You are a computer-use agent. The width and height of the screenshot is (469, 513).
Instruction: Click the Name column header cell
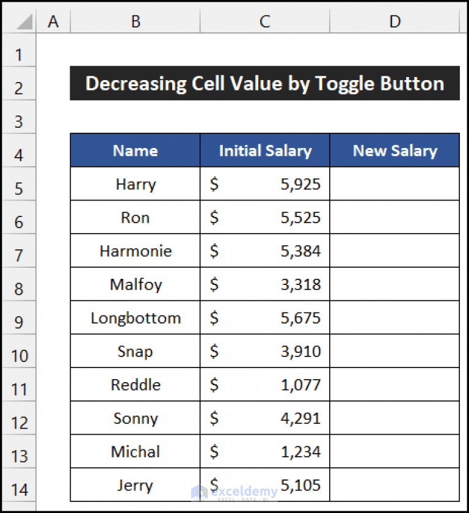(135, 151)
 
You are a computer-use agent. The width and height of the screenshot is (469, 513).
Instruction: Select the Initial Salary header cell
(264, 151)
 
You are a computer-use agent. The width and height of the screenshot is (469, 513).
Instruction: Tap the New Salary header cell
(394, 151)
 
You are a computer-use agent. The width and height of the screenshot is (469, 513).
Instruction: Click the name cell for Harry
(135, 184)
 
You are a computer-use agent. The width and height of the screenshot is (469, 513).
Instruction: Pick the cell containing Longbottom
(135, 318)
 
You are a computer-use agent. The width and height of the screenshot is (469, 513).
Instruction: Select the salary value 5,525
(300, 218)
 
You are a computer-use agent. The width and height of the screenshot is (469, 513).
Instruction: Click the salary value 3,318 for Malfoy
(300, 284)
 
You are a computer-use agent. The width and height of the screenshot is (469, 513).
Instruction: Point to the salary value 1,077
(300, 385)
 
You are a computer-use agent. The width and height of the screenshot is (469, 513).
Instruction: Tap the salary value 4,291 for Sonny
(300, 419)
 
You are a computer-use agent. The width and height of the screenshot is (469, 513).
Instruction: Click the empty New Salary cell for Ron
(394, 218)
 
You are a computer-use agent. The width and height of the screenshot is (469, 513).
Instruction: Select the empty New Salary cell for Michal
(394, 452)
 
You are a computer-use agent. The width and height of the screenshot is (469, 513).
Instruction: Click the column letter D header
(394, 21)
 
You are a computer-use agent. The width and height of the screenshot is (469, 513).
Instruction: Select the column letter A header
(53, 21)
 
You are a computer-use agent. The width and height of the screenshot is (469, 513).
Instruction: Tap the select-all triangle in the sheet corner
(23, 22)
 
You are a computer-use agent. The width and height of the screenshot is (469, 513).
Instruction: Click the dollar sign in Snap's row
(214, 352)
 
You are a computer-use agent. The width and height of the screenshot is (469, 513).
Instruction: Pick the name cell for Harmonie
(135, 251)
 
